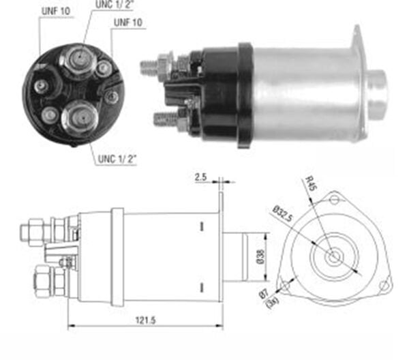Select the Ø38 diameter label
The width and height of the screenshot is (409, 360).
(262, 257)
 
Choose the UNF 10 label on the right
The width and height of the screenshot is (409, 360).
(128, 23)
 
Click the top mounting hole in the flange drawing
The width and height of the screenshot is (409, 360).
(333, 199)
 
